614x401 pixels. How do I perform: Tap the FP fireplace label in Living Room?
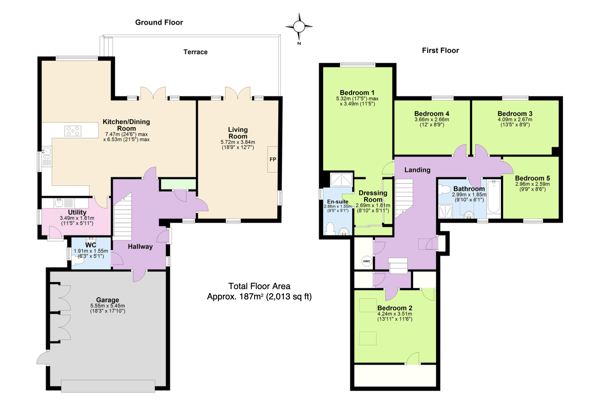coord(273,159)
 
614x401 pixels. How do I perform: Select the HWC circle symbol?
coord(367,261)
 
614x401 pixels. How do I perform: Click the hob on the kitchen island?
coord(73,131)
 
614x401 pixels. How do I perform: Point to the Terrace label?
coord(196,52)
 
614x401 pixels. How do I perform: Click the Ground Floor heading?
coord(159,22)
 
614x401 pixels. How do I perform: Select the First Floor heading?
coord(441,51)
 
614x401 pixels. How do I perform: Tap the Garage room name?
coord(108,300)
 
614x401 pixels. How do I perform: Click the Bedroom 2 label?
coord(395,308)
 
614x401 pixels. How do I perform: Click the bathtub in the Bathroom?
coord(493,197)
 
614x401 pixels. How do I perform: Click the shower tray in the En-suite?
coord(341,179)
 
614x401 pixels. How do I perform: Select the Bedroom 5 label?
coord(532,178)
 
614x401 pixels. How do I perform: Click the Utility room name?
coord(77,212)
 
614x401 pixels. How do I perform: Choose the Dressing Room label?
coord(373,196)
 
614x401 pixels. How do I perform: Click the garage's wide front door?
coord(108,386)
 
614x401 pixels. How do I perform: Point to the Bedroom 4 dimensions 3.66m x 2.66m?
coord(432,119)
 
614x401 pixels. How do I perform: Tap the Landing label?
coord(417,170)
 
